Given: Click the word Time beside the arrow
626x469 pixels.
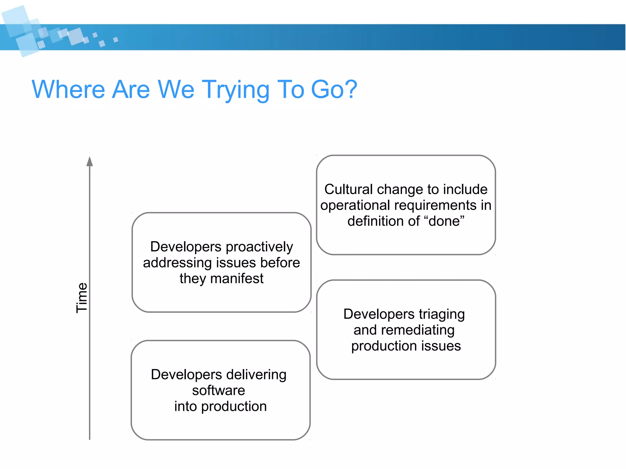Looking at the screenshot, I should coord(82,298).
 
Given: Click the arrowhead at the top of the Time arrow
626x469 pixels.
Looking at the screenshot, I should coord(90,162).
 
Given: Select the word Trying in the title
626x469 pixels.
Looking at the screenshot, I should coord(235,90).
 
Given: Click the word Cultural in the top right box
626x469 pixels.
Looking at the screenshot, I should coord(348,189).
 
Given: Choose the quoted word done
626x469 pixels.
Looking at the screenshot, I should coord(446,221).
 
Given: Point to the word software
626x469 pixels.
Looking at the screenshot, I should coord(219,390).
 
